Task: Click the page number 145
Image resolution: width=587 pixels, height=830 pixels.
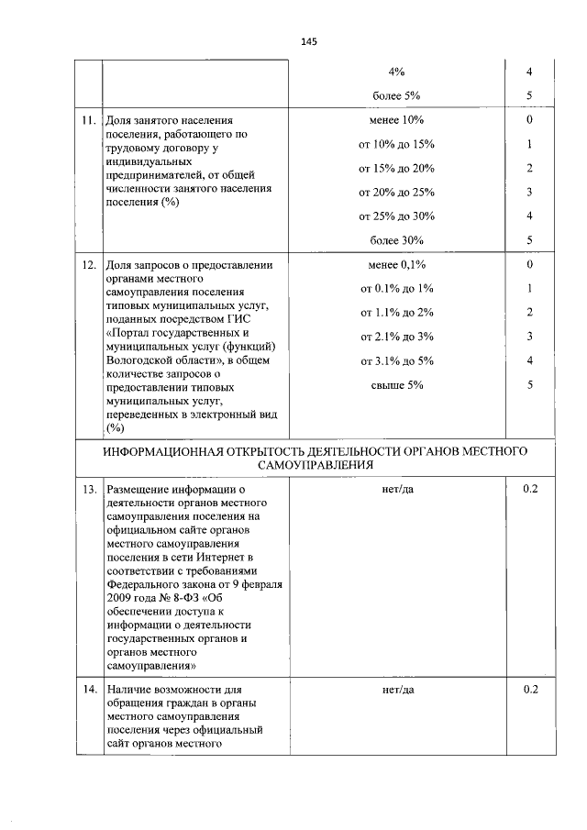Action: click(307, 41)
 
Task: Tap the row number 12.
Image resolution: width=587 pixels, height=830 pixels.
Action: click(88, 265)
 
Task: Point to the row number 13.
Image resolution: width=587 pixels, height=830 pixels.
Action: click(88, 490)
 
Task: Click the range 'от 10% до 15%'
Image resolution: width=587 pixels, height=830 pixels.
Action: click(397, 145)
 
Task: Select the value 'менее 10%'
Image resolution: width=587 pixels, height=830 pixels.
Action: click(397, 121)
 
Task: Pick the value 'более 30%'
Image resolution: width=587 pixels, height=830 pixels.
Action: click(397, 240)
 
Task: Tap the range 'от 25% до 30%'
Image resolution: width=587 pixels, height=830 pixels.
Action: click(397, 216)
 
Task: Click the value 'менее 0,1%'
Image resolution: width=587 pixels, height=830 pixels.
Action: click(397, 265)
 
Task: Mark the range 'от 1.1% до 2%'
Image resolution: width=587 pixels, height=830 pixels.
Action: click(397, 313)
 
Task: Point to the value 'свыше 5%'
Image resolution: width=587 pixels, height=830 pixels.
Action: click(397, 384)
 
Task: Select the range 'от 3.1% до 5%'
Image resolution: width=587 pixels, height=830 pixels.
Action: click(397, 360)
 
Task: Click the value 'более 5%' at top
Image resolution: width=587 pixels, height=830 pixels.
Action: click(397, 95)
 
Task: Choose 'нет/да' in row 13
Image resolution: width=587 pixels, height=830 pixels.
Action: click(397, 490)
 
